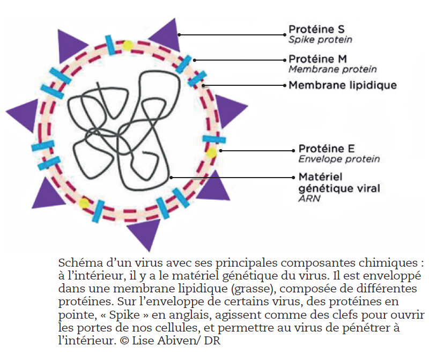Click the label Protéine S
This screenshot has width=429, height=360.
[316, 29]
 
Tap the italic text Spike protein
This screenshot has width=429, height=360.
[320, 40]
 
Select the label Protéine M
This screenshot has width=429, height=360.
[317, 59]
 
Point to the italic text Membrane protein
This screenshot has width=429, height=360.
[332, 69]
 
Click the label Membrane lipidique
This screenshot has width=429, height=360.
[343, 85]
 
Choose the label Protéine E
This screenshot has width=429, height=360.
[327, 149]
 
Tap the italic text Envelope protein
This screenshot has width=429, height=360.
[339, 159]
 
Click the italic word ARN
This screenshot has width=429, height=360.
[309, 198]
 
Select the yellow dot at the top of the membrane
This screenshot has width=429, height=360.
[127, 46]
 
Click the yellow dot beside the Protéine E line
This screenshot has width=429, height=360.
[211, 152]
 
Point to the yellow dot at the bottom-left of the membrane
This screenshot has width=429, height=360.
[84, 203]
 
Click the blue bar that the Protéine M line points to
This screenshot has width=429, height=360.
[183, 64]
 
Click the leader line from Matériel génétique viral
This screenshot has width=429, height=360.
[233, 178]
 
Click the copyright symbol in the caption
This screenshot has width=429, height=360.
[124, 341]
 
